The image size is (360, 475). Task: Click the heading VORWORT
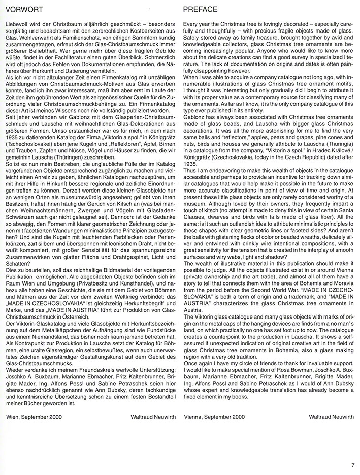pyautogui.click(x=22, y=10)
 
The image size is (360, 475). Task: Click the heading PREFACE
pyautogui.click(x=199, y=10)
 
